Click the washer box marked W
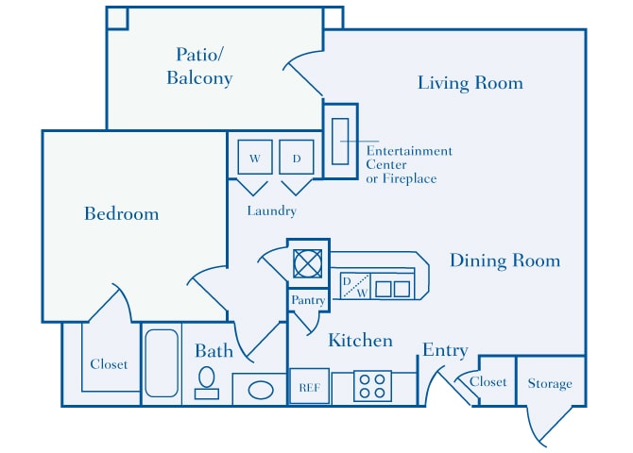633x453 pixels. tap(254, 158)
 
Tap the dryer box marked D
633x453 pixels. tap(296, 158)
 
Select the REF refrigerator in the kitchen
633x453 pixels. tap(309, 386)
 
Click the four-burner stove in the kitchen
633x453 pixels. tap(372, 386)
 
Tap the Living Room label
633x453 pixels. tap(470, 83)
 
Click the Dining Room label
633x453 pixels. tap(505, 260)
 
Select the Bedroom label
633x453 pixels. tap(122, 213)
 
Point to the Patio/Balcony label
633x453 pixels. tap(199, 66)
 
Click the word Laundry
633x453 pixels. tap(271, 210)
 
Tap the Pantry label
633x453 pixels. tap(308, 300)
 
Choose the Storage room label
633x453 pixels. tap(550, 383)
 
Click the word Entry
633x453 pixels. tap(445, 350)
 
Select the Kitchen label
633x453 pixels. tap(360, 340)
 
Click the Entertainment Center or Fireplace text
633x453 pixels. tap(409, 164)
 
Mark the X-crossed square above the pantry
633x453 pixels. tap(308, 262)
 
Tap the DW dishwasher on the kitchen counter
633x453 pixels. tap(354, 287)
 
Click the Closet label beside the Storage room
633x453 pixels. tap(488, 382)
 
